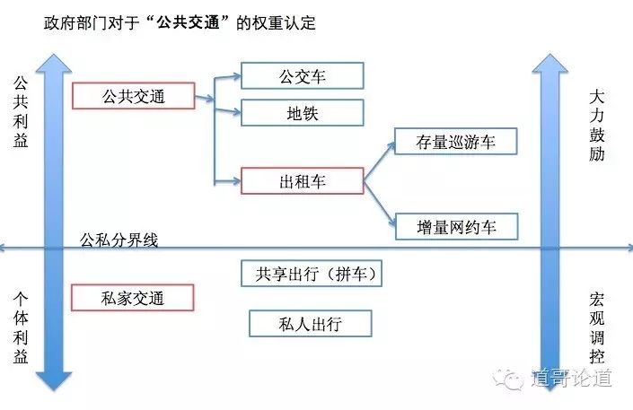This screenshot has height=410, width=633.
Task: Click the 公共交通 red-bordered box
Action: (133, 96)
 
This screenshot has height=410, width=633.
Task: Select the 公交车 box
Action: (302, 75)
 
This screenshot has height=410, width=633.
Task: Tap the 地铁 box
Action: (302, 113)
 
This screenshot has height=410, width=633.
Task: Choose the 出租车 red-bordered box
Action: (302, 181)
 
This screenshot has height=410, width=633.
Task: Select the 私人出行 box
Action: (311, 322)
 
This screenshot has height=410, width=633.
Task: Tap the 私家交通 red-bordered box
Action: (133, 297)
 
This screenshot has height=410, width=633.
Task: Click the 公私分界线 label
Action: (118, 240)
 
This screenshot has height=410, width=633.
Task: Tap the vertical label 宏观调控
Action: (598, 327)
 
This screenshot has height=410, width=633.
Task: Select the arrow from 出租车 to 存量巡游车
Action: (379, 161)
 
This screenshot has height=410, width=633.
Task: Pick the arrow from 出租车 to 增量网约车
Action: (379, 202)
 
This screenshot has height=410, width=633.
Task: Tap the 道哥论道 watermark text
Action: (571, 378)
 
